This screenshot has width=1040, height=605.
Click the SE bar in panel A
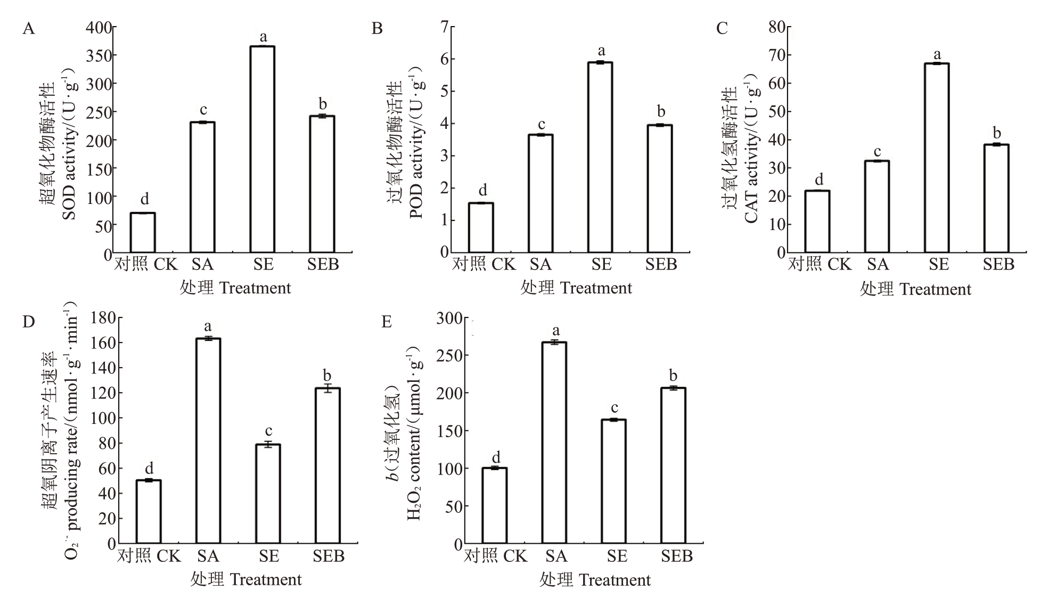[x=262, y=149]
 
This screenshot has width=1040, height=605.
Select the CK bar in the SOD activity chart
[x=143, y=233]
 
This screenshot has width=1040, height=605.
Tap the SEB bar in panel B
[x=660, y=189]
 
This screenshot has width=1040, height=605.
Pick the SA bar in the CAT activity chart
[x=877, y=207]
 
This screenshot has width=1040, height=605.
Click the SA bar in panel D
[x=208, y=441]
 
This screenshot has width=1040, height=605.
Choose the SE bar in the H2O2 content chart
[x=613, y=481]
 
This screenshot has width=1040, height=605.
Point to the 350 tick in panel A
[x=100, y=56]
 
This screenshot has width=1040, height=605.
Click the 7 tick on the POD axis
[x=444, y=27]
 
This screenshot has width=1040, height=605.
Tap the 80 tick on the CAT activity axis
[x=778, y=27]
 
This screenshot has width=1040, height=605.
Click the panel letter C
[x=722, y=28]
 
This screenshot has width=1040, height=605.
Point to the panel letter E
[x=387, y=322]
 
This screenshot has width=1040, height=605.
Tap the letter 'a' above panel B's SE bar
[x=601, y=51]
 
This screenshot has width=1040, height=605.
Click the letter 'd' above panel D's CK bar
[x=149, y=469]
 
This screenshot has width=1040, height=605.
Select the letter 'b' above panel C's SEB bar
[x=997, y=133]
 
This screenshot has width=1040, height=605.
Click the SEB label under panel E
[x=677, y=557]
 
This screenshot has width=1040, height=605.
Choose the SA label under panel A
[x=202, y=265]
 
